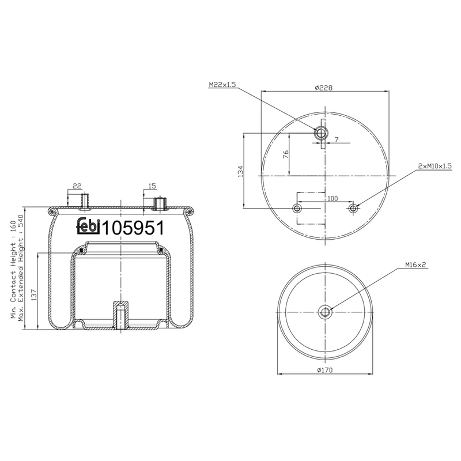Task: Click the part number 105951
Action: [x=133, y=228]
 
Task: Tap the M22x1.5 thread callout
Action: [x=222, y=85]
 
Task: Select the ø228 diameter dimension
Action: [x=324, y=88]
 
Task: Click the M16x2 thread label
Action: [x=415, y=265]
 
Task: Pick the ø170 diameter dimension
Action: [x=325, y=370]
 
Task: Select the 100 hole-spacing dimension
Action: [x=332, y=198]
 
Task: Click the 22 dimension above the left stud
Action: [x=77, y=186]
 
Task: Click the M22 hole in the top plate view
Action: [x=320, y=134]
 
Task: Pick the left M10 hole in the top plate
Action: [x=297, y=207]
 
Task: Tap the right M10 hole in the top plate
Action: [x=353, y=207]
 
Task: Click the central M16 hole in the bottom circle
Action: [x=325, y=312]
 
